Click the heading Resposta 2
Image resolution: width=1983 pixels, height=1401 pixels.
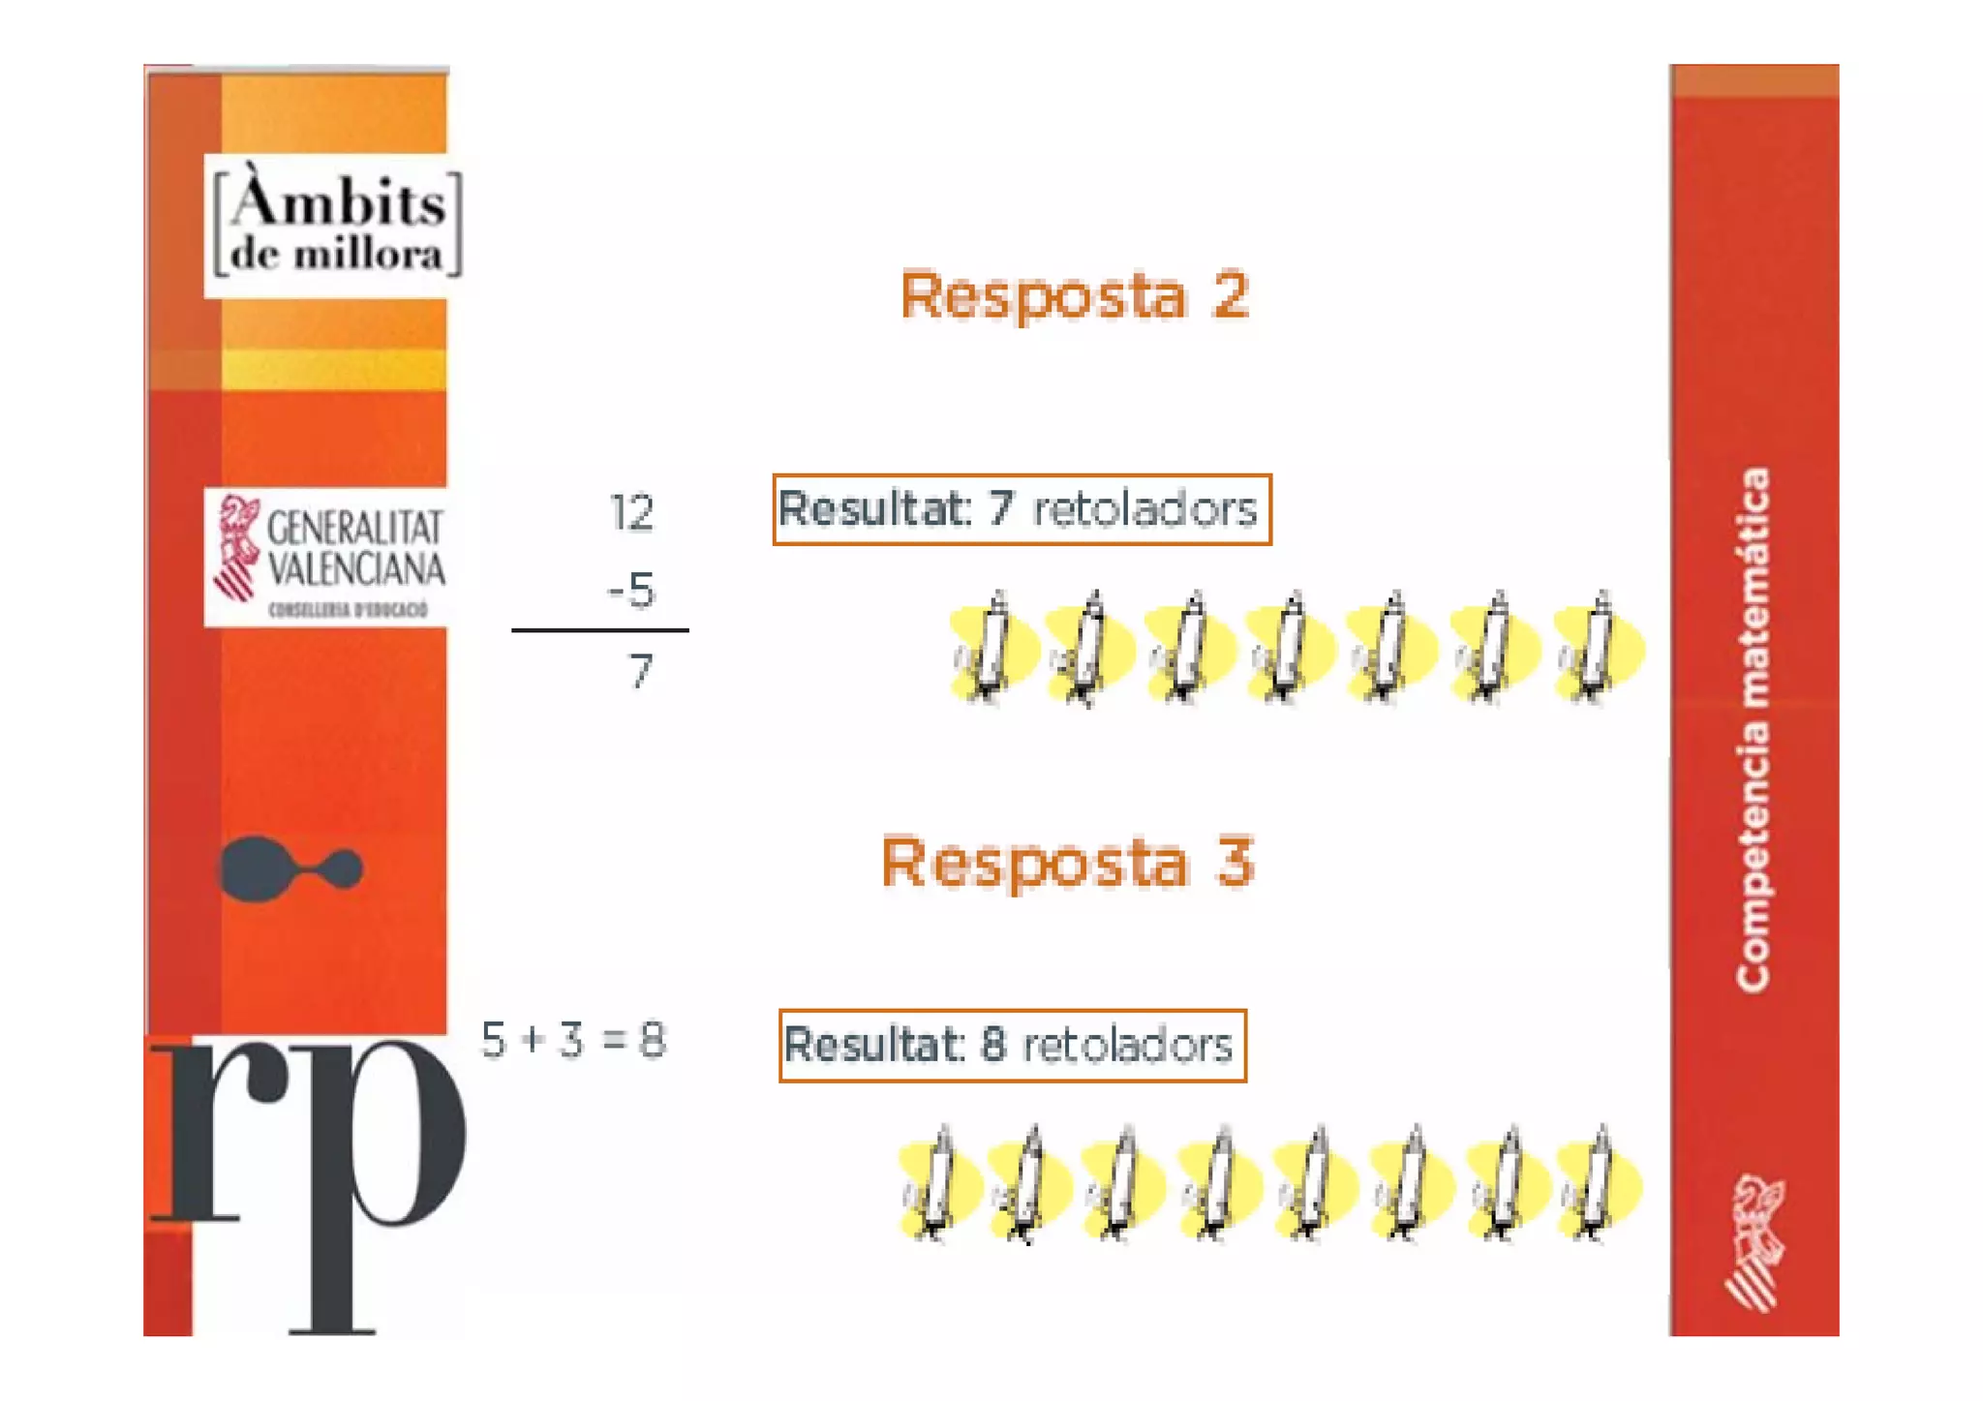click(x=1074, y=295)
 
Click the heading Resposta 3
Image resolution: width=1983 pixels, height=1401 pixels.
click(x=1067, y=862)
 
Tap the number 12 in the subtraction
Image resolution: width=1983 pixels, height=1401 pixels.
click(x=631, y=512)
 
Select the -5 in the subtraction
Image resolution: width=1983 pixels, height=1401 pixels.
click(x=631, y=590)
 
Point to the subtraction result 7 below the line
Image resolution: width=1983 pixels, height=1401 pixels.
click(x=640, y=671)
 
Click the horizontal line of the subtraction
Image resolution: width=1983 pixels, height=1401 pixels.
click(x=599, y=630)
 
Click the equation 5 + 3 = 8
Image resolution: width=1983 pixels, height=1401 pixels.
click(x=573, y=1041)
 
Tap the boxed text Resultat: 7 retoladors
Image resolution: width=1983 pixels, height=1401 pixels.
click(x=1021, y=509)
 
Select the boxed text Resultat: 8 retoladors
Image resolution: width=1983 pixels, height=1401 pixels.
click(x=1012, y=1046)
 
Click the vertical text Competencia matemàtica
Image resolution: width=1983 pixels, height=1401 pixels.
click(x=1754, y=730)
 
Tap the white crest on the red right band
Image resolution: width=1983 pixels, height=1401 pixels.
click(x=1754, y=1241)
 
